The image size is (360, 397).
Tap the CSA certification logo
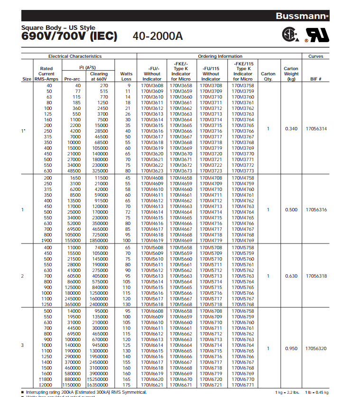289,35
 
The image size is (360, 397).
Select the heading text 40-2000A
157,36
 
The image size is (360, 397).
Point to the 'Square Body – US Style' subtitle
58,28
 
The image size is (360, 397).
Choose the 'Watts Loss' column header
126,76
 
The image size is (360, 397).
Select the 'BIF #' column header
316,79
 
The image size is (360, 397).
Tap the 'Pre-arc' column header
72,79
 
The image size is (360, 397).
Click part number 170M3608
152,86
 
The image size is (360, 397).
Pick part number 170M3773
243,171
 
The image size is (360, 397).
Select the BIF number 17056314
316,128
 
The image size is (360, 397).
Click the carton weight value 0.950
291,349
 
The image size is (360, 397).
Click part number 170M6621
152,385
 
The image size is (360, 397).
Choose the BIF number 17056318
316,276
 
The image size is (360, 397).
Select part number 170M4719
211,241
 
